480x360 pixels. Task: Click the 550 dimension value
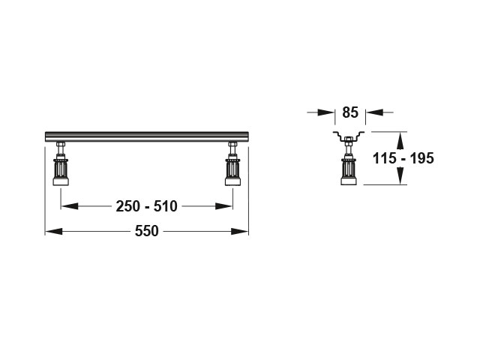click(x=147, y=231)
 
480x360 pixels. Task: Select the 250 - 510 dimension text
click(x=147, y=206)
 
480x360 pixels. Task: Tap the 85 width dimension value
click(x=350, y=112)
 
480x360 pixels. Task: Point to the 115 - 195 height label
click(x=403, y=158)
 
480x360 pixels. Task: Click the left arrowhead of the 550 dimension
click(x=53, y=232)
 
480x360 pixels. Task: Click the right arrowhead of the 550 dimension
click(x=240, y=232)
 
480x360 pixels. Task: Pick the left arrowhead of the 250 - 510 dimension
click(x=70, y=206)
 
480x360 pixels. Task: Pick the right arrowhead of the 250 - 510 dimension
click(x=224, y=206)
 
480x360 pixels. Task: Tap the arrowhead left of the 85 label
click(x=326, y=112)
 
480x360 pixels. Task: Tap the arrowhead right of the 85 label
click(x=375, y=112)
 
